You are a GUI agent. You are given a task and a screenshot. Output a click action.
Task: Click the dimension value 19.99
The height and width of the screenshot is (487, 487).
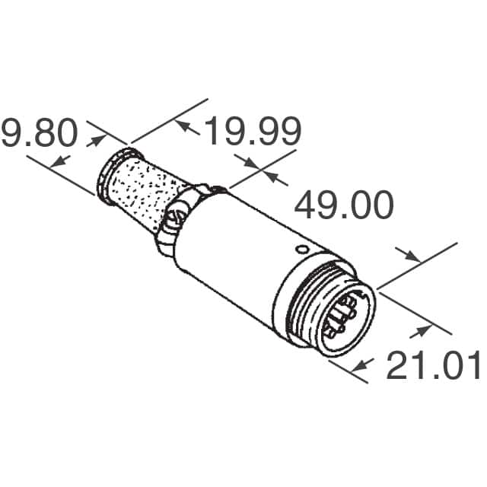pyautogui.click(x=253, y=132)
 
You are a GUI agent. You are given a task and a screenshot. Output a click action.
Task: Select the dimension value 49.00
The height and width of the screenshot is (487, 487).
pyautogui.click(x=343, y=205)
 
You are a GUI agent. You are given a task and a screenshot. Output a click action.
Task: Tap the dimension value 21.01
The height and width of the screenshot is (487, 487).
pyautogui.click(x=434, y=366)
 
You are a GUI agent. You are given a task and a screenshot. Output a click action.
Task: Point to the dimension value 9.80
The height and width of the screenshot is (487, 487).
pyautogui.click(x=40, y=134)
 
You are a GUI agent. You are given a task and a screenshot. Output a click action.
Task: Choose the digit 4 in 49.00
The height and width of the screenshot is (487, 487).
pyautogui.click(x=306, y=205)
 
